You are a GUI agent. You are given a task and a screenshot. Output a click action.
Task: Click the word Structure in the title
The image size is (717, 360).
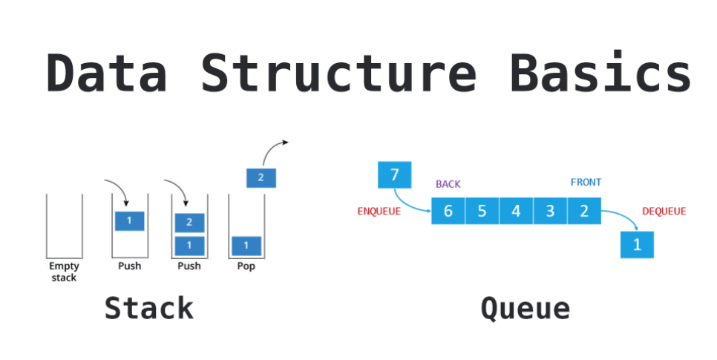[x=338, y=73]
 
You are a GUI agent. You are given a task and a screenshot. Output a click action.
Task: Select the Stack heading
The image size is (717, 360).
[x=148, y=307]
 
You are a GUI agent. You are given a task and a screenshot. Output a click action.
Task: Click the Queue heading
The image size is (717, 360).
[x=525, y=307]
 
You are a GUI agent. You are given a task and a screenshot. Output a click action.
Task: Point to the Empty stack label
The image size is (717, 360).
[x=64, y=272]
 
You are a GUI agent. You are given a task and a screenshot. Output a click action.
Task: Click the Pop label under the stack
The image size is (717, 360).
[x=246, y=266]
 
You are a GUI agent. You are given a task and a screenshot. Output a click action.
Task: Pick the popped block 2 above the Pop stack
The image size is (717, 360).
[x=261, y=177]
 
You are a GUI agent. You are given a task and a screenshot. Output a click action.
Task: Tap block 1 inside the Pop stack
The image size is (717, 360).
[x=246, y=245]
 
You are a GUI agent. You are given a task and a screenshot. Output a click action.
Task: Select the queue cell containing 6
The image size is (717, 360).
[x=448, y=211]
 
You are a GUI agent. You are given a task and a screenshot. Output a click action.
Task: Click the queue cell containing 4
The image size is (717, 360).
[x=516, y=211]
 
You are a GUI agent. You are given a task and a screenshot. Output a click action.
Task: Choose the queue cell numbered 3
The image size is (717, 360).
[x=550, y=211]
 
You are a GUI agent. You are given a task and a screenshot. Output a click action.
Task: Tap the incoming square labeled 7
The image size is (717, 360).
[x=394, y=175]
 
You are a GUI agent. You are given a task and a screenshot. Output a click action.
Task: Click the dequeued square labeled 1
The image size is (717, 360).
[x=637, y=245]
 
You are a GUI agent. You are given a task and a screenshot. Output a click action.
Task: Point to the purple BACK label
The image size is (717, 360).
[x=448, y=184]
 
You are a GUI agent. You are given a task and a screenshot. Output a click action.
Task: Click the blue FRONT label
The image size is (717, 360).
[x=586, y=182]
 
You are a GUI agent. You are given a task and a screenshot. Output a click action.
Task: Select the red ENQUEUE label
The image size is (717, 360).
[x=379, y=212]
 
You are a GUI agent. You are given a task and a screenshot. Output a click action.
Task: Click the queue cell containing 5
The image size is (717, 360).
[x=482, y=211]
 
